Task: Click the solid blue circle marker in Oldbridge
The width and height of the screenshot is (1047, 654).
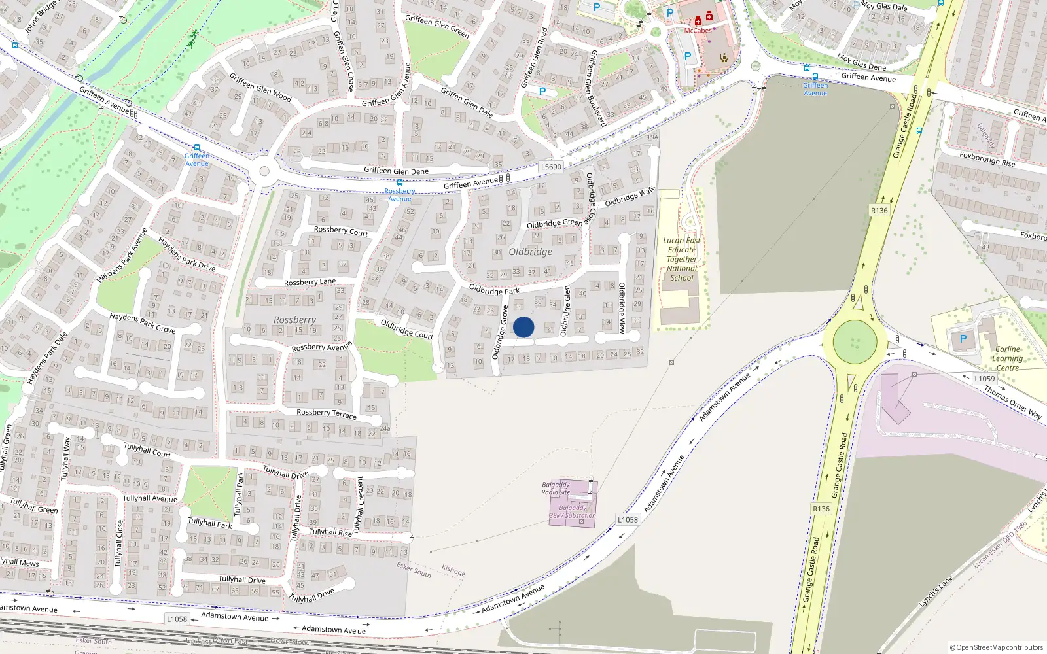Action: [x=523, y=327]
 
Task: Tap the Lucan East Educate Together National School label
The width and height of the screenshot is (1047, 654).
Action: [x=682, y=259]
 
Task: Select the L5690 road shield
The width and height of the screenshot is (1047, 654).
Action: [x=551, y=167]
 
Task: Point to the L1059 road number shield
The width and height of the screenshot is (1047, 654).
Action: [x=984, y=379]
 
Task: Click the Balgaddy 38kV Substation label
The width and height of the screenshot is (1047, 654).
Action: [x=573, y=511]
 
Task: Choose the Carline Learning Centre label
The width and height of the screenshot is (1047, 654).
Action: [x=1007, y=358]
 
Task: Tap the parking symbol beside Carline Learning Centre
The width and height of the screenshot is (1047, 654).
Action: [x=963, y=339]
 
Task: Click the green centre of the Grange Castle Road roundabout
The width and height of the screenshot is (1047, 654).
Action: [x=855, y=341]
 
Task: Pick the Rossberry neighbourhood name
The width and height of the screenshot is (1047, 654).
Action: [x=294, y=320]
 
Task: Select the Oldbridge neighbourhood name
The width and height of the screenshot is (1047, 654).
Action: [x=530, y=252]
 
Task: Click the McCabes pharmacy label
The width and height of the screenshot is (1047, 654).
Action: [x=698, y=31]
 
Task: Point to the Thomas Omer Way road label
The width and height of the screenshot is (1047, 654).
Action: [x=1013, y=402]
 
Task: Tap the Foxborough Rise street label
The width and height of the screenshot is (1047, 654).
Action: [x=987, y=159]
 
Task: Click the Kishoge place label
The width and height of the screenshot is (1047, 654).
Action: [x=453, y=570]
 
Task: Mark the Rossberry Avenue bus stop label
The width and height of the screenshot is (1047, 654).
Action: [x=400, y=195]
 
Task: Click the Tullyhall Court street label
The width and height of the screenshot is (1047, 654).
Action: [x=147, y=450]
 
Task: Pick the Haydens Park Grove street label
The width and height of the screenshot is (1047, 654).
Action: [x=142, y=323]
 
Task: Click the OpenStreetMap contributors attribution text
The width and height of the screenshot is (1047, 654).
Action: [x=996, y=648]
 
